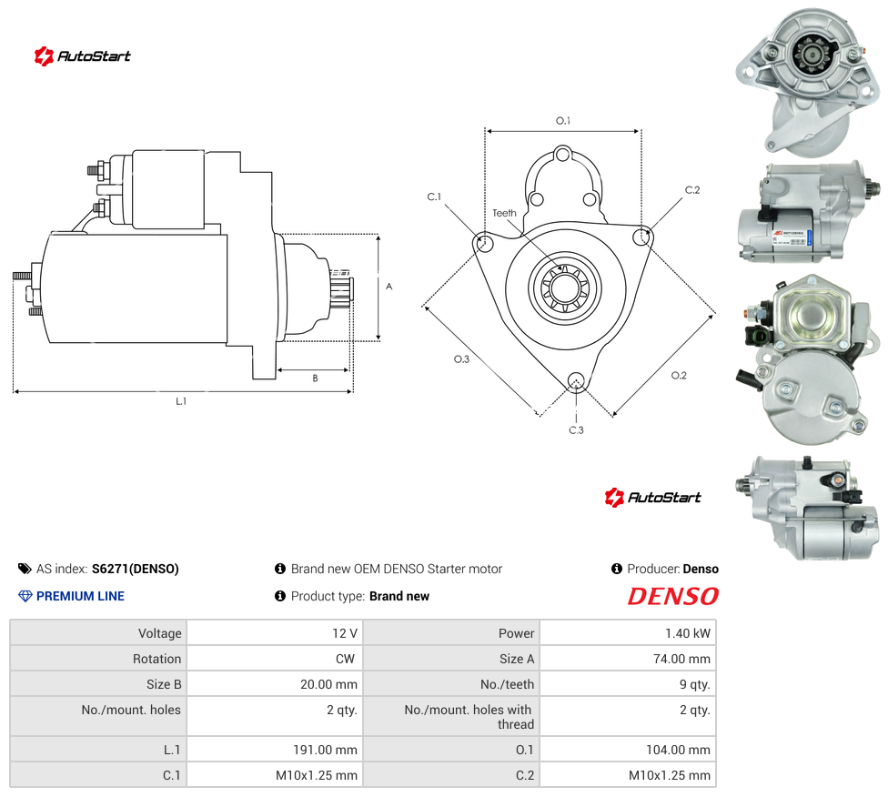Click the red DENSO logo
pos(672,596)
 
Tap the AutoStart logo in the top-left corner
pos(82,56)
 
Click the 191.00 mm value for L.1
pos(325,750)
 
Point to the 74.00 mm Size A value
pos(681,659)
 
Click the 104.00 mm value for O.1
pos(678,750)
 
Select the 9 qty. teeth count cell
pos(694,684)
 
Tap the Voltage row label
pos(160,633)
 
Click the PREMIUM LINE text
pos(80,596)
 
